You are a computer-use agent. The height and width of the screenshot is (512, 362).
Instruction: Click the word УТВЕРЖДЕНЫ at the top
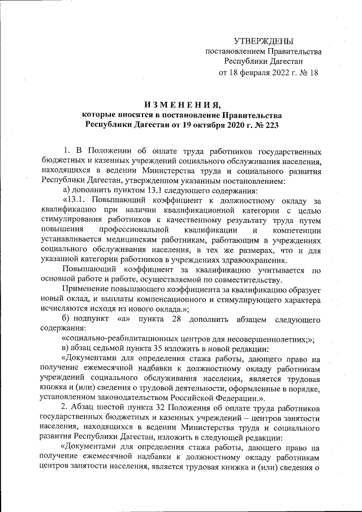coord(264,41)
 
